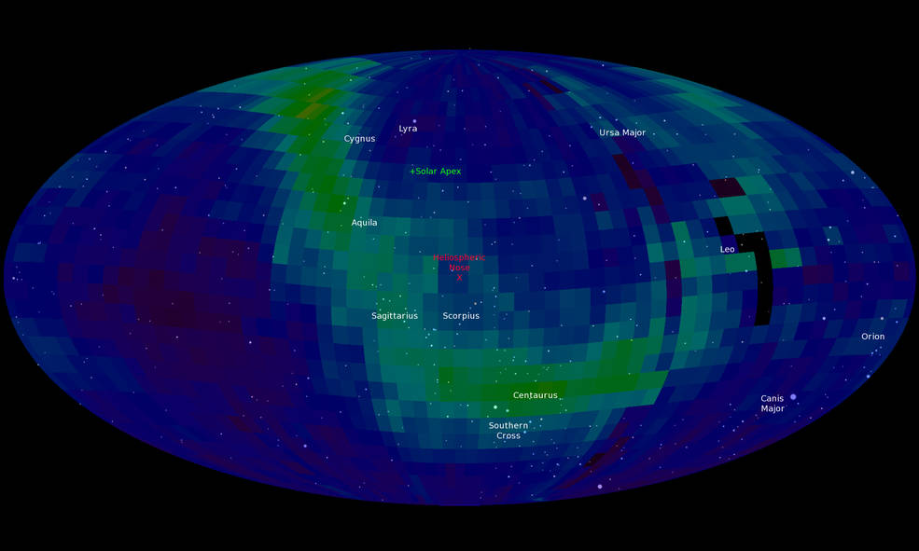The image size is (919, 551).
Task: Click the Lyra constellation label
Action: [x=408, y=129]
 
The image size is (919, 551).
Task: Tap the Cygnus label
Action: [x=359, y=139]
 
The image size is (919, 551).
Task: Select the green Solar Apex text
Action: [x=438, y=172]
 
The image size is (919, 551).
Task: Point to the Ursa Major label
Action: [x=621, y=133]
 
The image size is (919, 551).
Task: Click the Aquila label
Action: [x=364, y=223]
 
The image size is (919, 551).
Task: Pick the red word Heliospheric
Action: [x=460, y=257]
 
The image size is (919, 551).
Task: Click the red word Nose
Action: [x=459, y=268]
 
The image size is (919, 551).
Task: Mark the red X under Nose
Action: [x=459, y=278]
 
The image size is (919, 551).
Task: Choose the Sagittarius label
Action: [x=395, y=316]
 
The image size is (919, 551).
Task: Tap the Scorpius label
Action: [x=461, y=316]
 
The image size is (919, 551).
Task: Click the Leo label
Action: [x=727, y=250]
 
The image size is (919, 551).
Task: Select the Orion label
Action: [x=872, y=337]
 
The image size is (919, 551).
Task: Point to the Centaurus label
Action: [x=535, y=395]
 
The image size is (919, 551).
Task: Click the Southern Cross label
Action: [x=508, y=431]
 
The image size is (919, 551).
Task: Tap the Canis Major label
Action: [x=772, y=404]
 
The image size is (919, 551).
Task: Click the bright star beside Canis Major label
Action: [x=793, y=397]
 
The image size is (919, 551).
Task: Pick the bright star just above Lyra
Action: [x=414, y=121]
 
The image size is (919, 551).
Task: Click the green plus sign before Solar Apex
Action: [x=412, y=172]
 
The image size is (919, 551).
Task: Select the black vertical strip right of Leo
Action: [x=763, y=280]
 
